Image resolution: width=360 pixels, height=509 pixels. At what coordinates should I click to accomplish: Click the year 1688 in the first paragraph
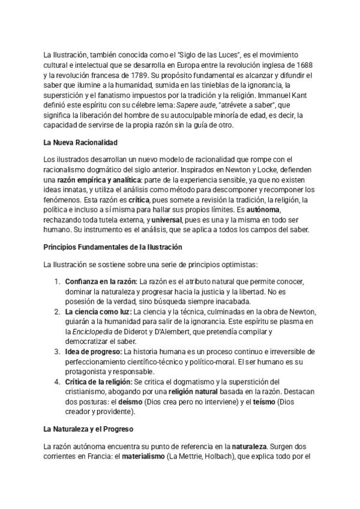click(x=305, y=65)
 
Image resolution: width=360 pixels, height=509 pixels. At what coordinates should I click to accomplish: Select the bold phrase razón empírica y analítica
click(x=98, y=180)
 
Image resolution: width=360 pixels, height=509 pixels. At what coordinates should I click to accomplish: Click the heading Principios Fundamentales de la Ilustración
click(x=113, y=247)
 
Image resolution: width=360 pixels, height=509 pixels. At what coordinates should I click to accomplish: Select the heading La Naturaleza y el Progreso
click(x=88, y=429)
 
